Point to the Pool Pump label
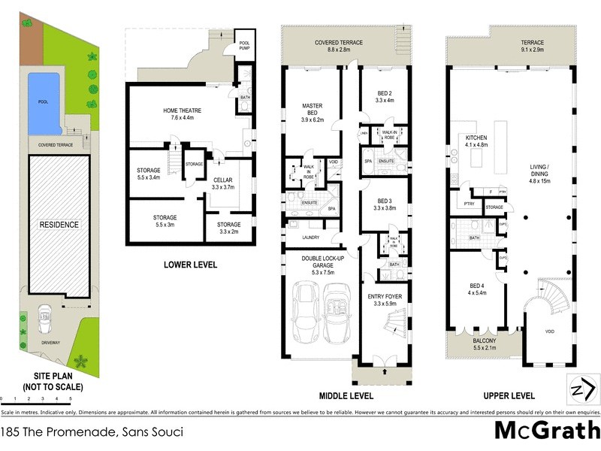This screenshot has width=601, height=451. click(244, 44)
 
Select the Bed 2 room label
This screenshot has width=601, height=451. click(384, 95)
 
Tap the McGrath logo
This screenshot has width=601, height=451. click(546, 431)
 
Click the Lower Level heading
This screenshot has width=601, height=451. click(190, 265)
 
